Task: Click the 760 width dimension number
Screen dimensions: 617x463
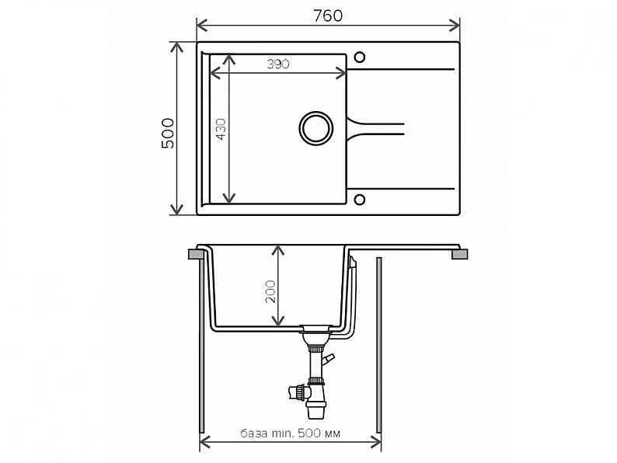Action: tap(328, 16)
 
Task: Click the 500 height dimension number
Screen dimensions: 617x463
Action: tap(168, 133)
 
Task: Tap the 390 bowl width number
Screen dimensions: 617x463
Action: tap(278, 64)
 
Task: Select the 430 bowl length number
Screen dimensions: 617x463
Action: tap(221, 129)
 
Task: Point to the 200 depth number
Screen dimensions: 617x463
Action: tap(270, 291)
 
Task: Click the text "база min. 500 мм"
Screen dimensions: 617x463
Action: tap(291, 433)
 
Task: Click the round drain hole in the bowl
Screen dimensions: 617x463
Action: tap(316, 128)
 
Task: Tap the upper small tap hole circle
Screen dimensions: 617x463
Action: tap(359, 57)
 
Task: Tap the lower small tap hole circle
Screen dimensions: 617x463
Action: tap(359, 200)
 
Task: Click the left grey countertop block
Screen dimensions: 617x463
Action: tap(196, 254)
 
